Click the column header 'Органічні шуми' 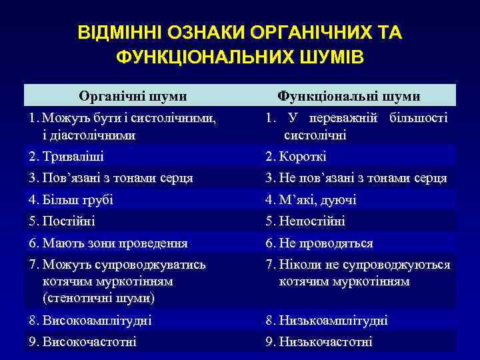click(x=132, y=96)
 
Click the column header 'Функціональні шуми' click(x=349, y=96)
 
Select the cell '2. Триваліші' click(x=67, y=157)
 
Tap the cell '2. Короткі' click(x=295, y=157)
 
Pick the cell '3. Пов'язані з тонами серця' click(x=111, y=178)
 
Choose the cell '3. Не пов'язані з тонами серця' click(x=356, y=178)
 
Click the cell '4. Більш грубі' click(x=71, y=199)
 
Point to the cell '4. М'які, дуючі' click(x=311, y=199)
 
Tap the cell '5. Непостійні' click(x=305, y=221)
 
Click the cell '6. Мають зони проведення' click(x=108, y=243)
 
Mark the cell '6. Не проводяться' click(x=319, y=243)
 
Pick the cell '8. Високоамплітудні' click(x=90, y=320)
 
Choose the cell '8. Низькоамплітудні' click(x=326, y=320)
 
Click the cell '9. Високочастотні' click(x=83, y=342)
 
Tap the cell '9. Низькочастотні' click(x=319, y=342)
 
